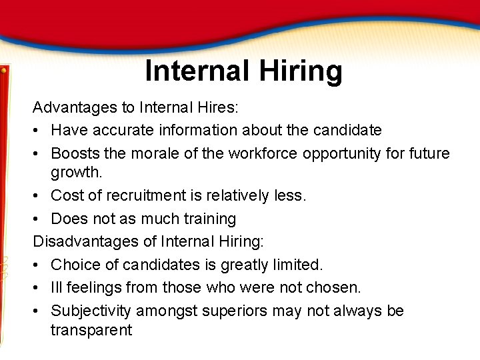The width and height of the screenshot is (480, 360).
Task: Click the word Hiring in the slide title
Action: [301, 71]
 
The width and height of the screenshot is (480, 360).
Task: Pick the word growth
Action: [77, 173]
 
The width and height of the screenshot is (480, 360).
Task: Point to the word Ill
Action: [57, 287]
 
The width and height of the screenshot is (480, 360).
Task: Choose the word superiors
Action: [242, 311]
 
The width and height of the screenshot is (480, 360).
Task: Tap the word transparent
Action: [91, 329]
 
